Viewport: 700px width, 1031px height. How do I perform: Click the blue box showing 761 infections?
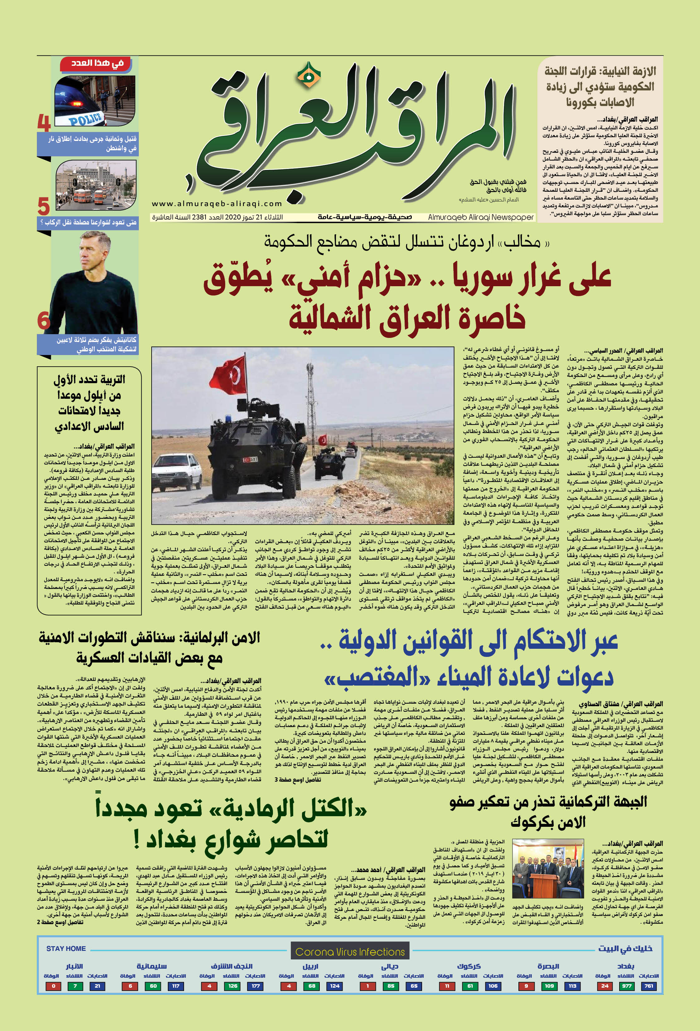(x=649, y=986)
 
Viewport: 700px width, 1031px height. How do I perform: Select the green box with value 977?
(x=626, y=986)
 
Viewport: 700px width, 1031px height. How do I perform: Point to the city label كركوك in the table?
(x=469, y=966)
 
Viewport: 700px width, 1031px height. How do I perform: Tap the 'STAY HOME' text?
(x=66, y=948)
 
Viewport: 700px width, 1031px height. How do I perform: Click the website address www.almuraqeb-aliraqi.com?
(x=217, y=204)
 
